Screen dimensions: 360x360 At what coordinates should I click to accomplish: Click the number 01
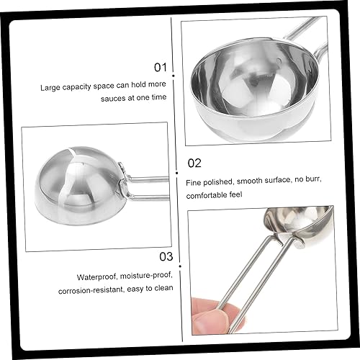tap(160, 67)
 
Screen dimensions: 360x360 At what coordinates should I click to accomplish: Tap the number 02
tap(194, 163)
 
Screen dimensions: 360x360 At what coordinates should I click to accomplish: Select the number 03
tap(166, 256)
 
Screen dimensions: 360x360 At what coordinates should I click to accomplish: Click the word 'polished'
tap(218, 182)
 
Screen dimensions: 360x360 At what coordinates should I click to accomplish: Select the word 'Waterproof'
tap(97, 277)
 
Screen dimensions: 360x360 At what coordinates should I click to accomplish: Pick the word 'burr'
tap(312, 179)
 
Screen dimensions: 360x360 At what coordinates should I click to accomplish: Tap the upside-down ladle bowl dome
tap(78, 186)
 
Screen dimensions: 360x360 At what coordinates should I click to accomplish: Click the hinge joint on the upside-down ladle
tap(123, 183)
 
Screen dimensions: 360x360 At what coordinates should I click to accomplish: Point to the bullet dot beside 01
tap(174, 76)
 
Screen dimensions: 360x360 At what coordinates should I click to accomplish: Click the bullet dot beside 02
tap(177, 173)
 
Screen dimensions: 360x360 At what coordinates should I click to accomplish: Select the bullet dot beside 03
tap(180, 266)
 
